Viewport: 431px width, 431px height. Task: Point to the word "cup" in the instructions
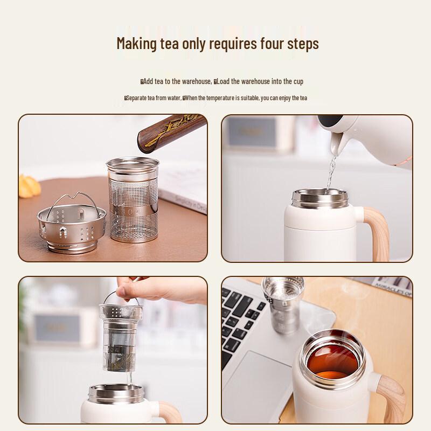[298, 81]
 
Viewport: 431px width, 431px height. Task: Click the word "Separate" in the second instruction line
[138, 98]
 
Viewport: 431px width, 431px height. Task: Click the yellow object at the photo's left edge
[30, 189]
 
